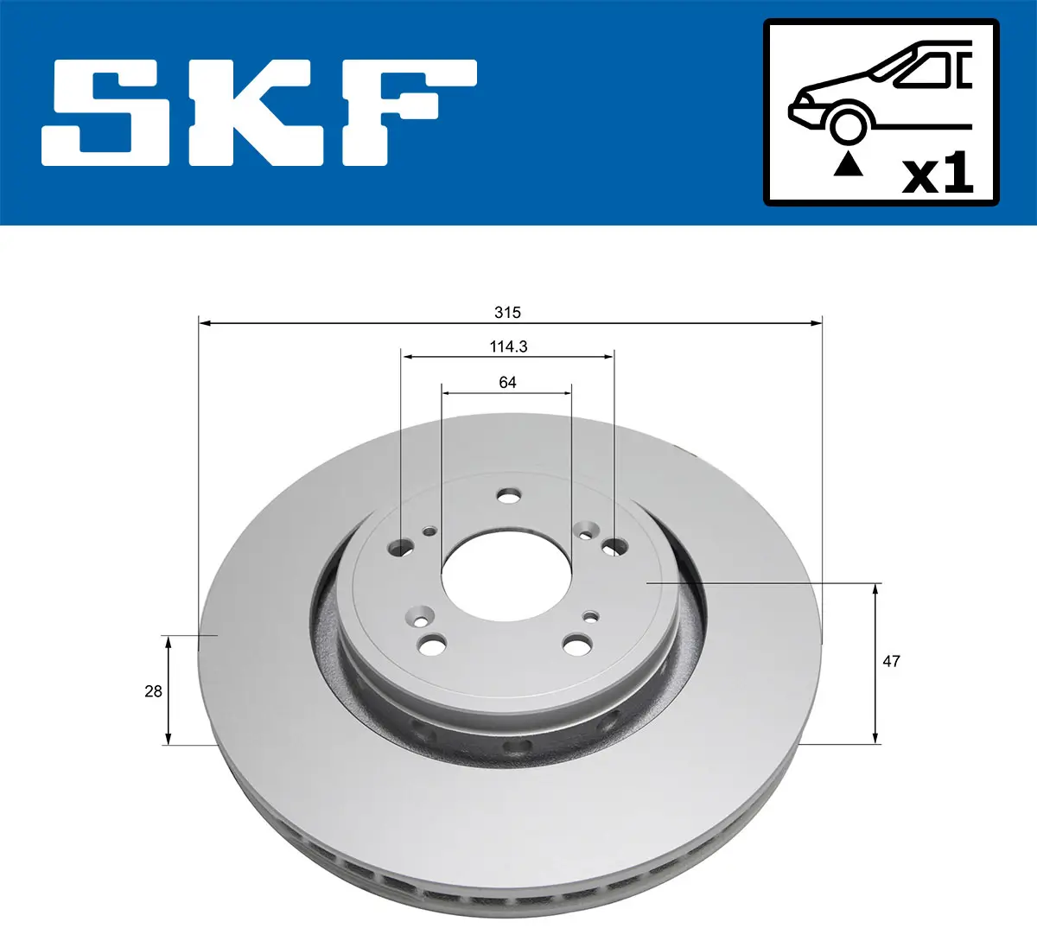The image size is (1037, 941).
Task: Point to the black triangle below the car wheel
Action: click(848, 163)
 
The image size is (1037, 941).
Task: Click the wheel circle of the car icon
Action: click(848, 125)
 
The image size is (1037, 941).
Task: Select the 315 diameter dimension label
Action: click(507, 312)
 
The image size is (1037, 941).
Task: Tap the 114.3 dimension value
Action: click(508, 347)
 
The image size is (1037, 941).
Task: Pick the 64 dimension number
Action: click(507, 382)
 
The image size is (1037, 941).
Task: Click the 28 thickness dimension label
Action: click(153, 691)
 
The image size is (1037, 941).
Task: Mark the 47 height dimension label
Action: click(891, 661)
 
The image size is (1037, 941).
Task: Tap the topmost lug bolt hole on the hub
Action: click(510, 496)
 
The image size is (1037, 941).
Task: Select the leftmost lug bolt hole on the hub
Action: click(402, 546)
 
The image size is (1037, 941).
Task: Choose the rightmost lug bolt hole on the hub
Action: click(614, 546)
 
